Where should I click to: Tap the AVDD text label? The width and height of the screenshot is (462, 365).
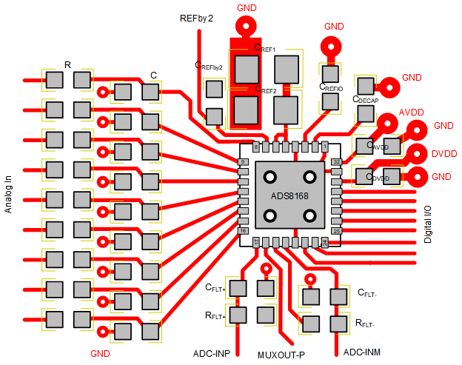(411, 112)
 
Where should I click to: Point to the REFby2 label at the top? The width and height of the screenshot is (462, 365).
(196, 18)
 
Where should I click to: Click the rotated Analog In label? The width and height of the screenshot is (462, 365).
(9, 190)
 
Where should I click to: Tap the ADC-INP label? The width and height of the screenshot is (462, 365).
(212, 352)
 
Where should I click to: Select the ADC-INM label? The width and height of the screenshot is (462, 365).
(362, 352)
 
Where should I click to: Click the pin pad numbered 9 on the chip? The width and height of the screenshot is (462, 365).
(242, 161)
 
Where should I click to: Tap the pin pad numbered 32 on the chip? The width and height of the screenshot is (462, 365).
(336, 161)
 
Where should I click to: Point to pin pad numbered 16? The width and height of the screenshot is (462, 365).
(242, 231)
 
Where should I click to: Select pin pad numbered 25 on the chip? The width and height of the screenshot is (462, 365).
(336, 231)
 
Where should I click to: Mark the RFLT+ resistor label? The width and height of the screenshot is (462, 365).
(215, 315)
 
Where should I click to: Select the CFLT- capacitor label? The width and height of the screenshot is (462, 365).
(367, 293)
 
